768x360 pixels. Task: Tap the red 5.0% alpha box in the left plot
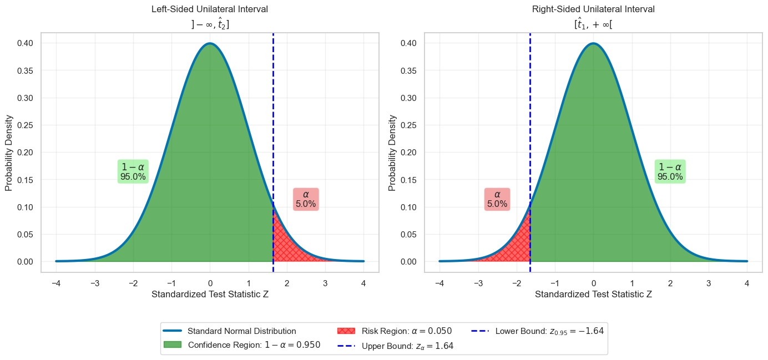[306, 199]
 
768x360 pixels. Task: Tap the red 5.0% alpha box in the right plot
[497, 199]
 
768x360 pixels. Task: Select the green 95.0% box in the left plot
[133, 172]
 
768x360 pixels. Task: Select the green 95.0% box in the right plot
[670, 172]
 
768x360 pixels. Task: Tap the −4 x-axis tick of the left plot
[56, 283]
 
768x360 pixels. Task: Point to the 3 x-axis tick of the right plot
[709, 283]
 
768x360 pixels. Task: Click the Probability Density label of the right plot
[392, 153]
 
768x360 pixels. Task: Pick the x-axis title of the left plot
[210, 294]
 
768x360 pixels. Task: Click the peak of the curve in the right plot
[593, 43]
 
